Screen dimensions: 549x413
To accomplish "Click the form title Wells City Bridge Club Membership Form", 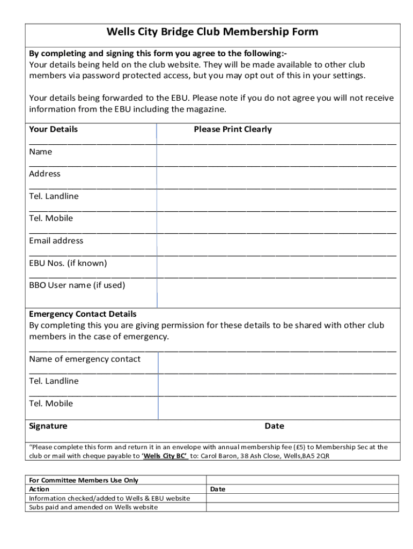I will click(212, 32).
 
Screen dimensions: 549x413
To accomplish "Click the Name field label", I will click(41, 152).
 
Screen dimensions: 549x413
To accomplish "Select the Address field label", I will click(45, 174).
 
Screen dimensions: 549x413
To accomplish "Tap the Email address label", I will click(56, 241).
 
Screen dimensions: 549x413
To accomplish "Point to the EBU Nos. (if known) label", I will click(68, 263).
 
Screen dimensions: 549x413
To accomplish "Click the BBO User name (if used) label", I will click(77, 285).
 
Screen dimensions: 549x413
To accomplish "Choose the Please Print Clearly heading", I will click(233, 129).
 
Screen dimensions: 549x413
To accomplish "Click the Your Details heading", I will click(53, 129).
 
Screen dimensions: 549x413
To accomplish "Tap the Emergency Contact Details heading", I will click(83, 314).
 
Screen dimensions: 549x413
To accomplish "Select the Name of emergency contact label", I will click(85, 359).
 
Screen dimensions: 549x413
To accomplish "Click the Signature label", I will click(48, 426).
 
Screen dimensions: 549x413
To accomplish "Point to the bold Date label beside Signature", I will click(274, 426).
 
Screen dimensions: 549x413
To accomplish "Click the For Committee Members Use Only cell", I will click(83, 480).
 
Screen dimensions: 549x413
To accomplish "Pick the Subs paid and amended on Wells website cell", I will click(93, 507).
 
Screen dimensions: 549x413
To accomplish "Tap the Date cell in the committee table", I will click(218, 489).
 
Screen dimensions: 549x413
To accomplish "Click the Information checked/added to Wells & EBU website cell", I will click(109, 498).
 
